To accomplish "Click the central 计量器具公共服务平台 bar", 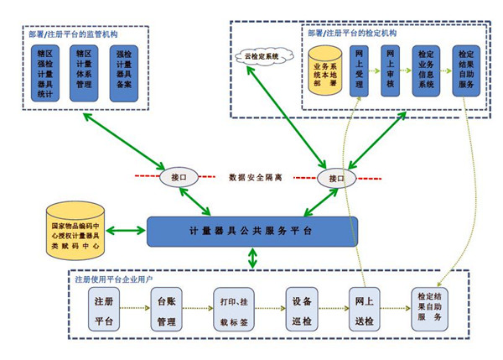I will pos(251,232).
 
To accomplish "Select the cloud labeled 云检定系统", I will pos(262,56).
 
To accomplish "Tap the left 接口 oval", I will pos(179,178).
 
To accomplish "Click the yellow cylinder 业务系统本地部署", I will pos(325,73).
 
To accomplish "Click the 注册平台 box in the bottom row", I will pos(105,310).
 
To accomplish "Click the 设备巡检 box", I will pos(301,310).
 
